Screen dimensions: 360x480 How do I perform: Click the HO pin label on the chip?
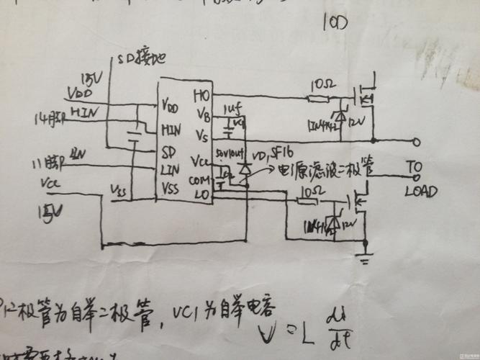(x=201, y=94)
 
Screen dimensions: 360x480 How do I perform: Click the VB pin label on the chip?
(x=202, y=114)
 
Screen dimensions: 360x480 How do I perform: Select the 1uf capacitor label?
(x=232, y=108)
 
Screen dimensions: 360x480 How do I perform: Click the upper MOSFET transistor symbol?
(x=366, y=94)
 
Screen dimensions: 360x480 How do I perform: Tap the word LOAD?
(x=420, y=192)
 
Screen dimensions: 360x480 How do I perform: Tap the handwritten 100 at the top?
(x=336, y=24)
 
